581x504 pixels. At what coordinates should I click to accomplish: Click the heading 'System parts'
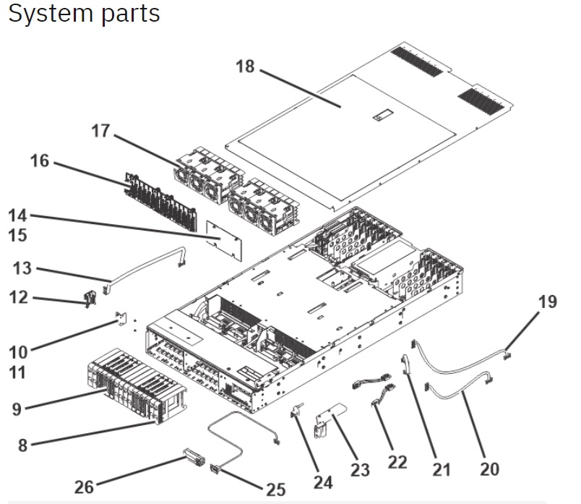coord(84,13)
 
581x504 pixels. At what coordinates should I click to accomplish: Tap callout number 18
coord(246,67)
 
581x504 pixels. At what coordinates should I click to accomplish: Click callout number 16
coord(39,161)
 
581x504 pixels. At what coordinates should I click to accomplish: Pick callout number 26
coord(85,486)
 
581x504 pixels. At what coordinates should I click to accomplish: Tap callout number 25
coord(275,490)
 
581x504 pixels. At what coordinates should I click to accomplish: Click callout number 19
coord(548,301)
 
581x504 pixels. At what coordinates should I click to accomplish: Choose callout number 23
coord(360,469)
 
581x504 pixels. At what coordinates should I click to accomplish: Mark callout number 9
coord(16,409)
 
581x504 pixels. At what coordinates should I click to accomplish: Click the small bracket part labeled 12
coord(91,298)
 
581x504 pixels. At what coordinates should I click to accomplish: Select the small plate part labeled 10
coord(122,318)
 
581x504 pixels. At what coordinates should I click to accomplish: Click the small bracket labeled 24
coord(296,414)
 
